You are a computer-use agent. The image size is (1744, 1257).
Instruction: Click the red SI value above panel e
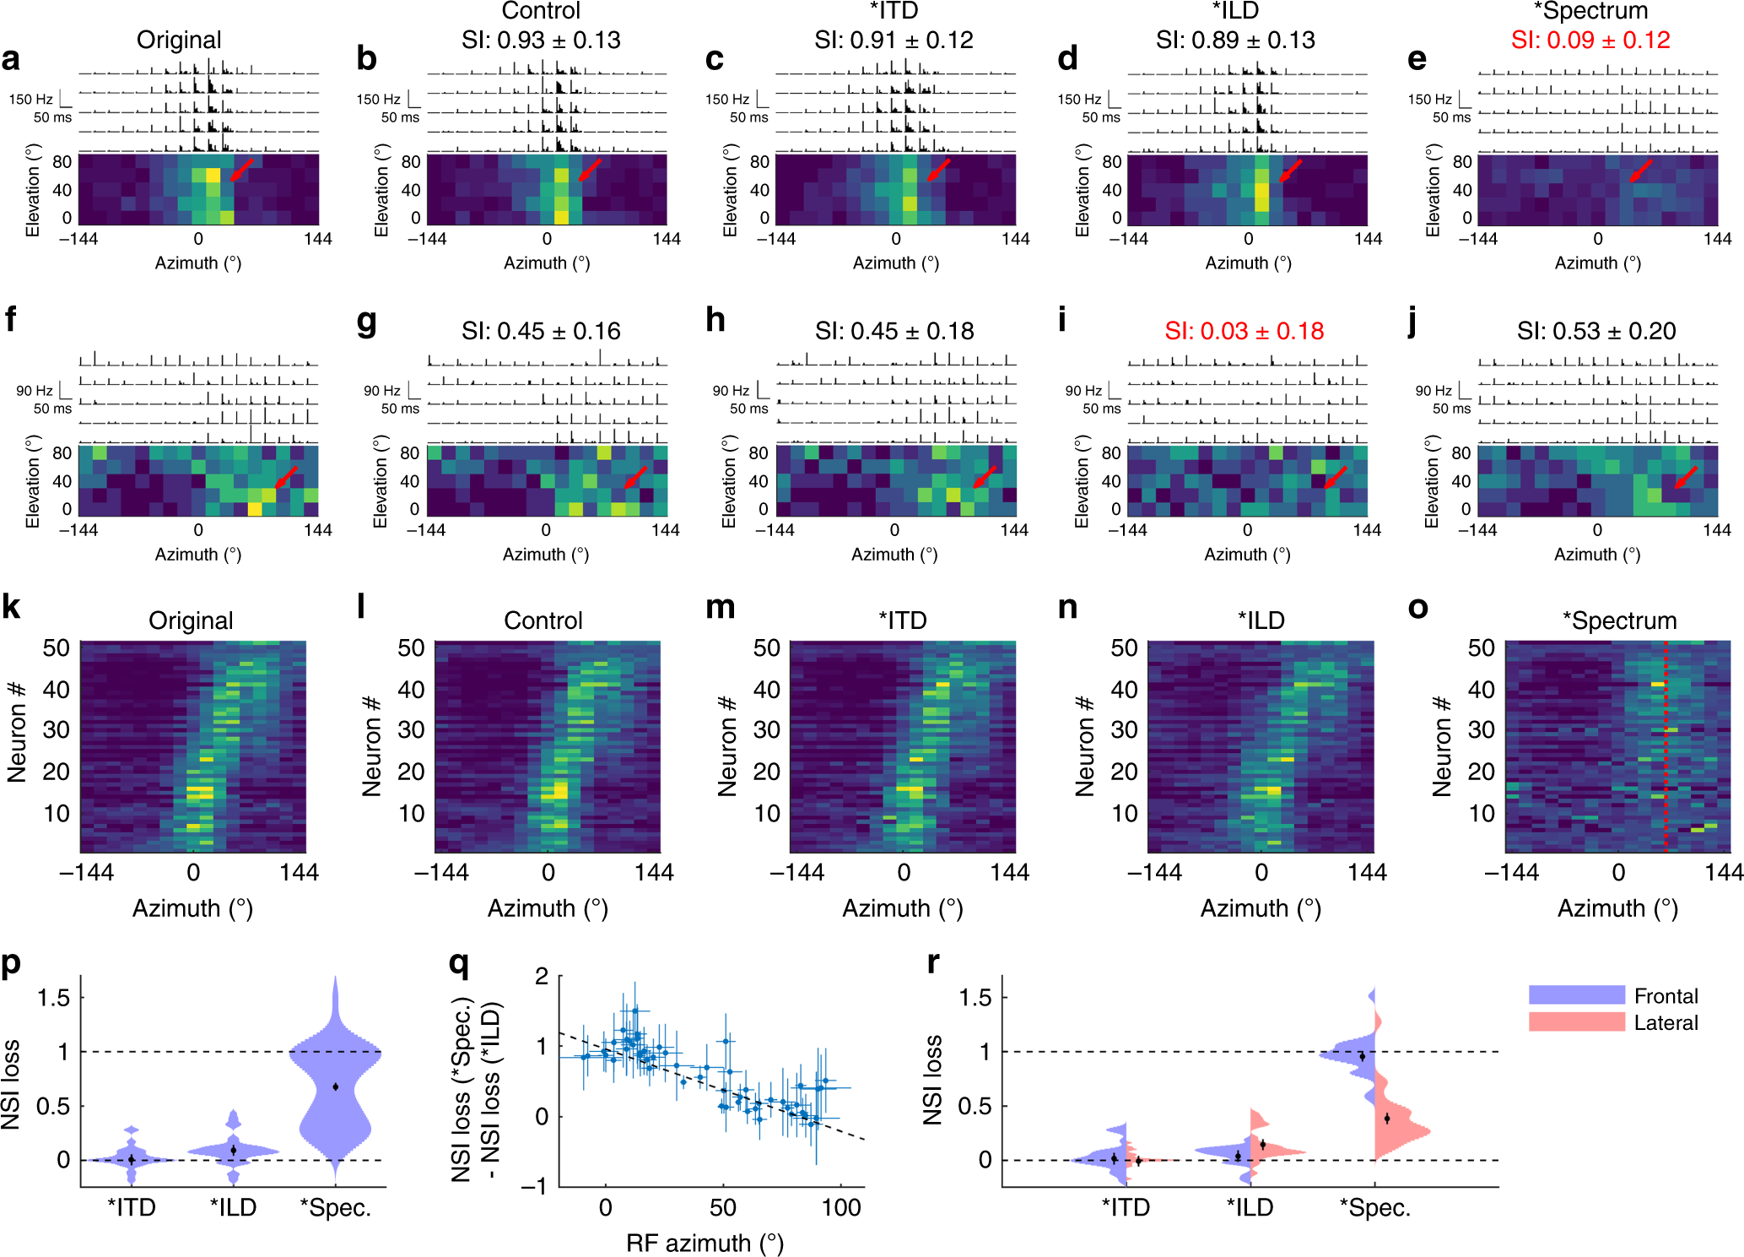[1590, 40]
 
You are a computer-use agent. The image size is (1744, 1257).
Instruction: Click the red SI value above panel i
[1244, 331]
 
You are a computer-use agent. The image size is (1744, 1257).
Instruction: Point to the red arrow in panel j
[1685, 477]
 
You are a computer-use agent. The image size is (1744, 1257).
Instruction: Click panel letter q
[459, 962]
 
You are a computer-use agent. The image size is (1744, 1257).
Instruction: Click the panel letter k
[12, 607]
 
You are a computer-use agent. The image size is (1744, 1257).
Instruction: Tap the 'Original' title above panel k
[191, 620]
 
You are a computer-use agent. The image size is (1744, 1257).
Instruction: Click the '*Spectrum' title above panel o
[1619, 620]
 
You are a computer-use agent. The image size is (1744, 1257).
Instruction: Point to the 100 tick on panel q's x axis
[840, 1208]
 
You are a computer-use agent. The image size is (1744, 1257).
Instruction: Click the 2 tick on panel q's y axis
[542, 977]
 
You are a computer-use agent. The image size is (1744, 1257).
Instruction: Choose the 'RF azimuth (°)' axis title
[705, 1243]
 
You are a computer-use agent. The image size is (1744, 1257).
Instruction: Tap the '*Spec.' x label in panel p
[336, 1208]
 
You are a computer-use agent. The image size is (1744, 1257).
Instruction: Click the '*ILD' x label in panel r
[1250, 1208]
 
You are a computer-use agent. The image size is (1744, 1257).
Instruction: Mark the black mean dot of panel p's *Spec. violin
[336, 1086]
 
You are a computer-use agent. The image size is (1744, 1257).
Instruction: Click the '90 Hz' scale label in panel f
[35, 391]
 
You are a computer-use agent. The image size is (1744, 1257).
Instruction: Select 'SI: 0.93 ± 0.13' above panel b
[541, 40]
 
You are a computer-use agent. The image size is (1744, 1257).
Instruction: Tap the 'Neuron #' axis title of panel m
[727, 746]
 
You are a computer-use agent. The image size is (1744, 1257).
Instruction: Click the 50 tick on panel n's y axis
[1124, 648]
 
